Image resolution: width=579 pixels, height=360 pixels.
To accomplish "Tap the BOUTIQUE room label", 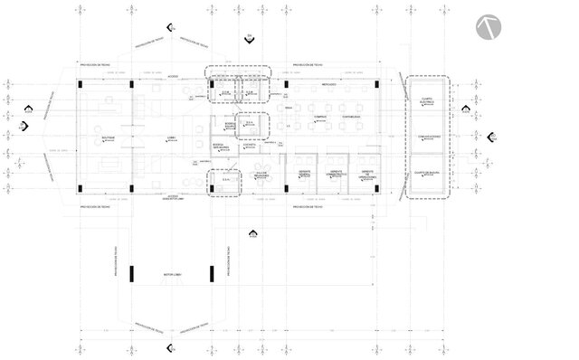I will coord(108,137).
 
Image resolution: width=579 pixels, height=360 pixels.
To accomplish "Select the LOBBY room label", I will coord(171,137).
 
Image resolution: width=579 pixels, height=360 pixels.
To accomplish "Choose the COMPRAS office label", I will coord(319,117).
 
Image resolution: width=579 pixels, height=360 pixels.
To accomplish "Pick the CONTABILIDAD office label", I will coord(350,117).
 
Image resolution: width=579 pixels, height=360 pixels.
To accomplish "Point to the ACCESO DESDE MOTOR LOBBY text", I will coord(174,197).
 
